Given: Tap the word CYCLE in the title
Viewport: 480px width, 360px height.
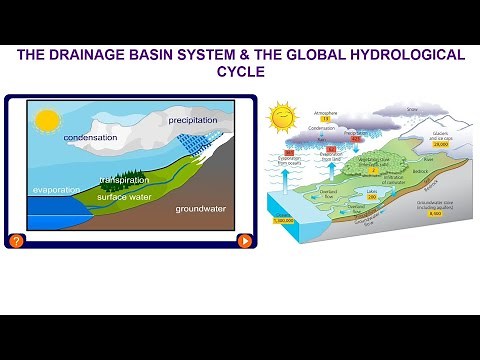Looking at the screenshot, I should pos(240,73).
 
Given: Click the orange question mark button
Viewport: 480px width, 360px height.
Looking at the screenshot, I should pos(16,241).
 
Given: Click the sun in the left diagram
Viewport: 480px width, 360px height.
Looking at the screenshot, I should pos(46,121).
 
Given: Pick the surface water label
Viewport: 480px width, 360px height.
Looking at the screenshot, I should pos(119,196).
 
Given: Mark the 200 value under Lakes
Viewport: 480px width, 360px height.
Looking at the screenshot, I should pos(371,197).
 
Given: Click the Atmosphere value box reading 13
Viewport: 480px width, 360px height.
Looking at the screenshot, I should pos(325,118).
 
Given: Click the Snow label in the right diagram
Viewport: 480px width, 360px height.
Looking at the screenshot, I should pos(413,109).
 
